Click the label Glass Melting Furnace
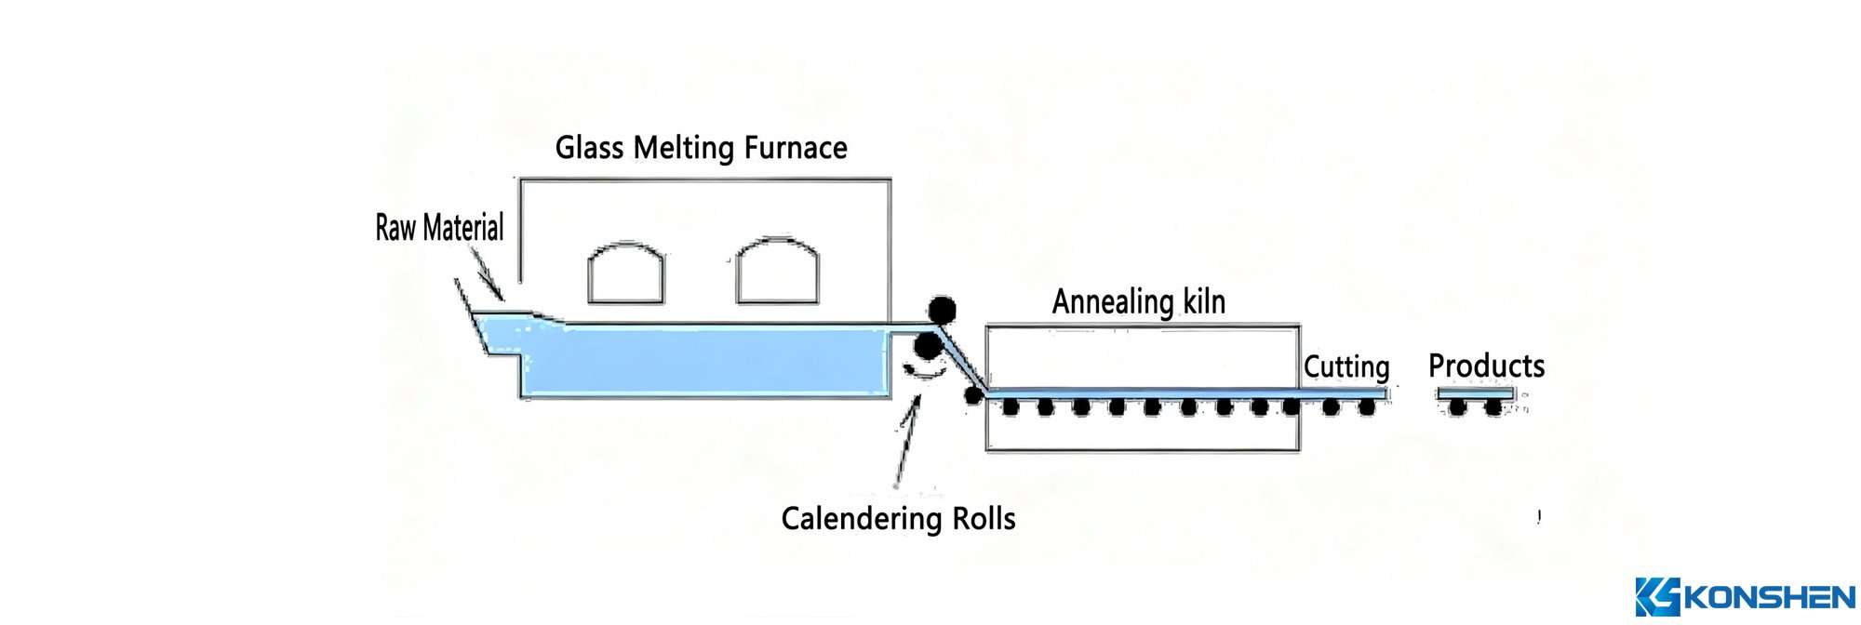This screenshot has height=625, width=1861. pos(701,148)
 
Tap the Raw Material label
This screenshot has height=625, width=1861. pos(439,228)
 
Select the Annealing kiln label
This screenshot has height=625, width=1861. pos(1138,302)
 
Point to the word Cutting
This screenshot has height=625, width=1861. pos(1346,367)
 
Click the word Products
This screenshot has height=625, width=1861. pos(1486,366)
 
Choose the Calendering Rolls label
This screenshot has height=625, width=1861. pos(898,519)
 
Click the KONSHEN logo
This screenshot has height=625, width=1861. pos(1745,596)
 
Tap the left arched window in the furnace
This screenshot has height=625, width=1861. pos(626,273)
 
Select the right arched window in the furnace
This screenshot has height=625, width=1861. pos(777,272)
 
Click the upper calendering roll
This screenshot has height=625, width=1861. pos(942,311)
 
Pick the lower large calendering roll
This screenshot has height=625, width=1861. pos(927,347)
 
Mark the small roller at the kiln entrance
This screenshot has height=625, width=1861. pos(973,395)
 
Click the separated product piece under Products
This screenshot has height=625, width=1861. pos(1476,394)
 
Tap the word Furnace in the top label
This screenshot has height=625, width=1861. pos(796,148)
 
